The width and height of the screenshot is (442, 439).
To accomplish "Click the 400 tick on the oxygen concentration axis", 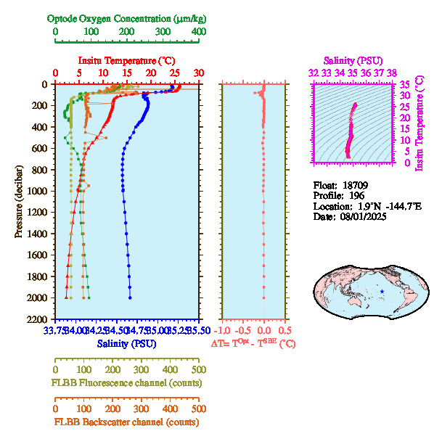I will click(198, 32).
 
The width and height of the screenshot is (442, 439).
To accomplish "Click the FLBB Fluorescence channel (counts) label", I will click(124, 382).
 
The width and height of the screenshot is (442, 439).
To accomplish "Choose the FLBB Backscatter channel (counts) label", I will click(125, 422).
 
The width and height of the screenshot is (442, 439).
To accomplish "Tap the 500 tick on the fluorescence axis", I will click(198, 369).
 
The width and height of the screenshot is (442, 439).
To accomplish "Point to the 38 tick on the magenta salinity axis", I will click(392, 73).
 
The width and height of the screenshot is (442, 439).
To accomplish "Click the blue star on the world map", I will click(382, 292).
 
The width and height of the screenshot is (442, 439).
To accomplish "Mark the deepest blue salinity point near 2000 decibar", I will click(130, 298).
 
